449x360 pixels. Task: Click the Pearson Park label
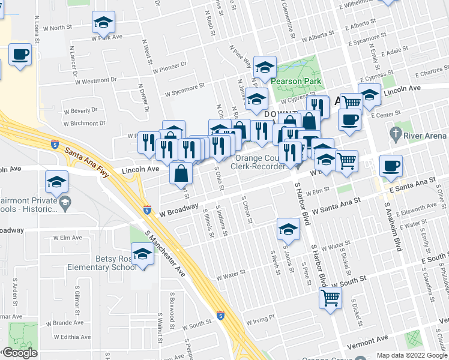tap(295, 81)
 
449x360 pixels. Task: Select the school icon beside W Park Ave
tap(103, 23)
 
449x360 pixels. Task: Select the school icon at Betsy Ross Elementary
tap(142, 254)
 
